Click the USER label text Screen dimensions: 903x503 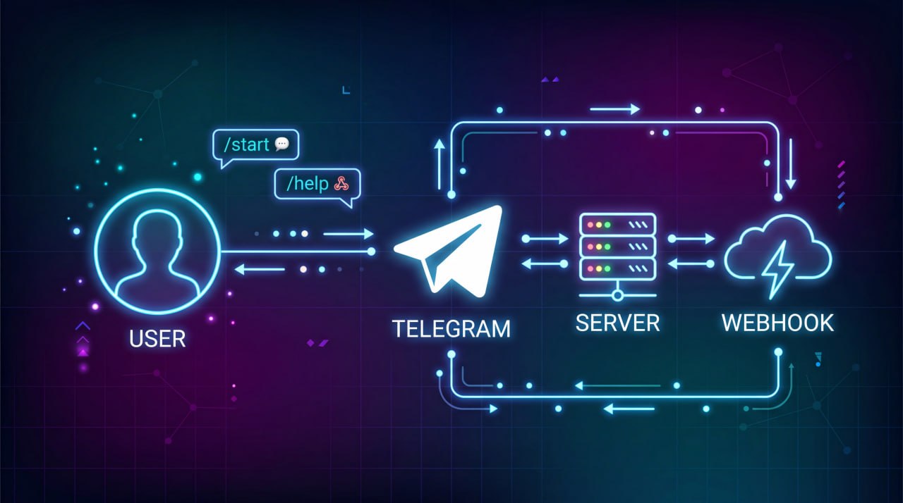tap(157, 339)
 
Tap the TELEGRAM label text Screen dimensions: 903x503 tap(451, 328)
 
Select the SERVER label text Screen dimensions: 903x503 tap(617, 323)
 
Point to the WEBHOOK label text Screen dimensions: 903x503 tap(777, 323)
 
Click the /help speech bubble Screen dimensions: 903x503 tap(317, 186)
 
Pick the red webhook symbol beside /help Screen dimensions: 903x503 tap(341, 183)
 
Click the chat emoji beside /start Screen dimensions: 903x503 tap(281, 144)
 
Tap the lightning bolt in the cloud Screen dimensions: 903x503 tap(777, 269)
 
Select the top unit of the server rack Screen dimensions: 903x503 tap(617, 225)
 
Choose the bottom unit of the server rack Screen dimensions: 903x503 tap(617, 268)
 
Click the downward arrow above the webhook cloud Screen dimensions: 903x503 tap(791, 163)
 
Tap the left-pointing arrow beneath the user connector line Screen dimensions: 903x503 tap(260, 269)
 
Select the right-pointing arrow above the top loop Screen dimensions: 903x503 tap(615, 109)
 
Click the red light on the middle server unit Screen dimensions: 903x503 tap(590, 247)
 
